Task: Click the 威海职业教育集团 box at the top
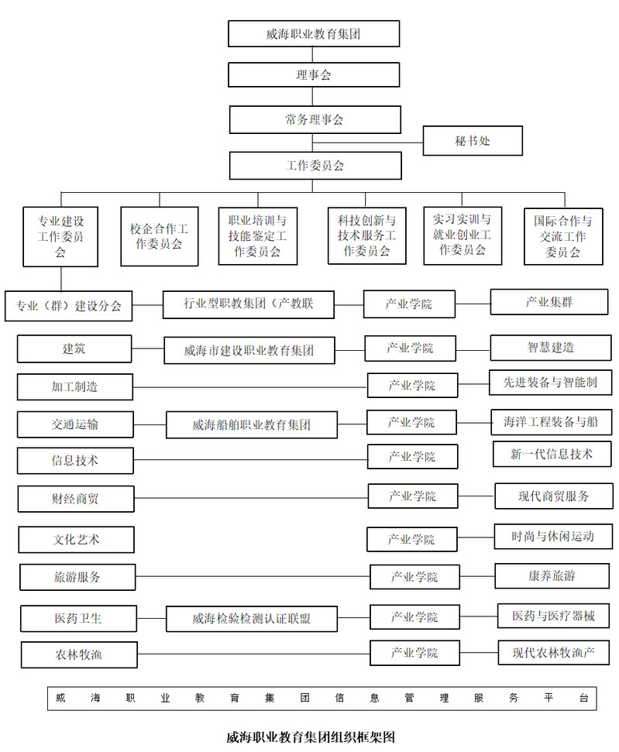[314, 33]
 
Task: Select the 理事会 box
[314, 75]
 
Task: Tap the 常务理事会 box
[315, 119]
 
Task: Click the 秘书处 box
[473, 140]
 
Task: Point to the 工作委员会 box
[315, 166]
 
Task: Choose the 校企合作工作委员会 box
[160, 236]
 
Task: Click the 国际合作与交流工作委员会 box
[563, 236]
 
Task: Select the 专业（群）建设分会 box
[69, 305]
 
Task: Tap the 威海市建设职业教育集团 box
[249, 350]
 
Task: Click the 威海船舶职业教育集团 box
[252, 424]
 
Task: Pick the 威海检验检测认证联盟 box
[252, 618]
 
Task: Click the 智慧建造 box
[551, 347]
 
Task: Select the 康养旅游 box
[552, 575]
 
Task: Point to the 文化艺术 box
[76, 540]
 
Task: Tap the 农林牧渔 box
[79, 654]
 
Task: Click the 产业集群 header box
[549, 302]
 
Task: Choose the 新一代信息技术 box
[552, 454]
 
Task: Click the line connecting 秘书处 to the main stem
[367, 143]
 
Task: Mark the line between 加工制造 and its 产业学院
[250, 387]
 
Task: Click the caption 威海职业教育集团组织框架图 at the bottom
[311, 737]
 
